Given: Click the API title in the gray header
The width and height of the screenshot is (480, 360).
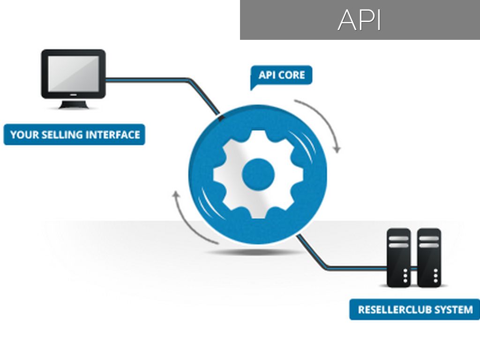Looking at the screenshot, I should point(360,20).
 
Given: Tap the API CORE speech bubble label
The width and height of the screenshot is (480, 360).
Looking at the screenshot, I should point(281,75).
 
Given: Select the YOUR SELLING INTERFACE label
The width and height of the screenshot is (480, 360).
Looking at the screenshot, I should point(75,135).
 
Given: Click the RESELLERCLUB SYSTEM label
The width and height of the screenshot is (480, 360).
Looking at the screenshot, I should point(415,310).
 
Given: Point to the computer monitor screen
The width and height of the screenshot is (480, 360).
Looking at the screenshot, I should point(73,74).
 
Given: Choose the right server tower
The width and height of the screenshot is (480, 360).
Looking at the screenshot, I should point(429,257).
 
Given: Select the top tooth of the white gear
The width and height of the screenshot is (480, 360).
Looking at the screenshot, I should point(258,136).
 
